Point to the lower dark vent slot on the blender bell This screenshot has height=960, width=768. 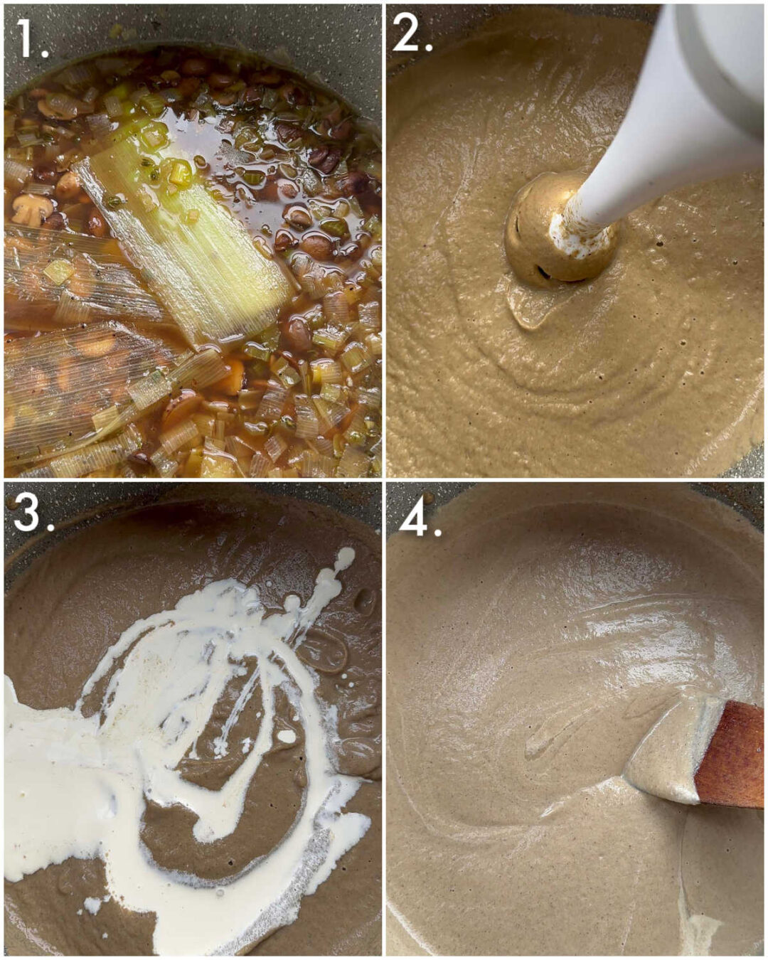tap(543, 271)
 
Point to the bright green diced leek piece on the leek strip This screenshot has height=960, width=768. tap(178, 173)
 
